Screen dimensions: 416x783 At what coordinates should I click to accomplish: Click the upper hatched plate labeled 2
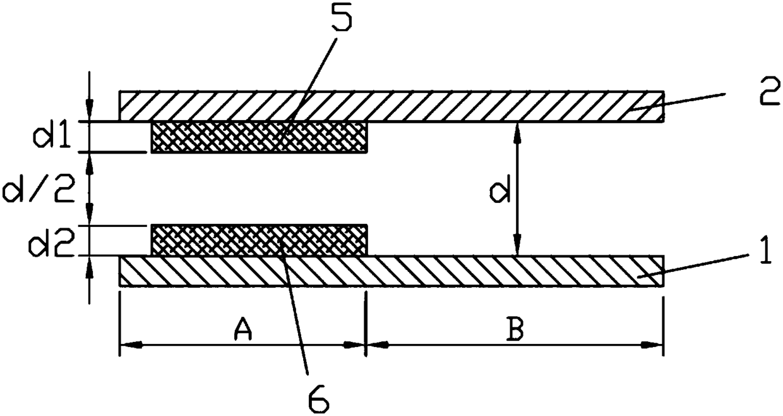pyautogui.click(x=442, y=106)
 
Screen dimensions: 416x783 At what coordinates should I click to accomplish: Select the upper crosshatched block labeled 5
pyautogui.click(x=259, y=137)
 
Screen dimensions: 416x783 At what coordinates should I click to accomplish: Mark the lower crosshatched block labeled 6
pyautogui.click(x=259, y=240)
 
